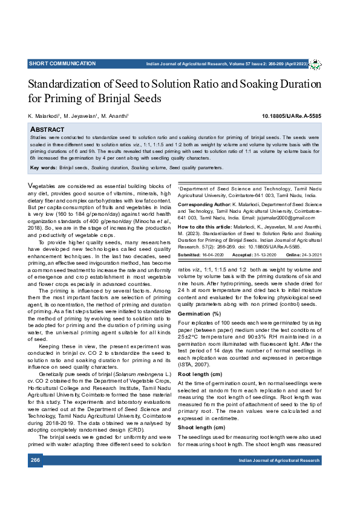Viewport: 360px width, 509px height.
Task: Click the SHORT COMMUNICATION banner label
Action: (62, 63)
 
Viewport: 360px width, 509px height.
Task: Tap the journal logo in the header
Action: (316, 63)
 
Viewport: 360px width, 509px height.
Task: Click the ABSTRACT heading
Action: (47, 129)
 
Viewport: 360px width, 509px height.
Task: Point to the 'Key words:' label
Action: (42, 167)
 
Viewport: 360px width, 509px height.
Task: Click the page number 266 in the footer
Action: (35, 478)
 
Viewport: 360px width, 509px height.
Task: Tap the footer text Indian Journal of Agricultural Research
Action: (279, 478)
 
